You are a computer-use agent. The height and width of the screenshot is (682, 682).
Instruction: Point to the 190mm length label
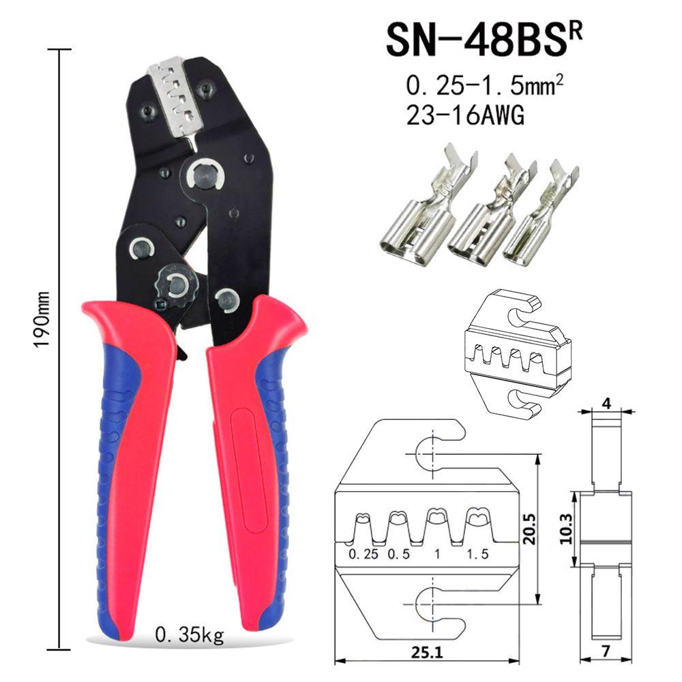tap(42, 319)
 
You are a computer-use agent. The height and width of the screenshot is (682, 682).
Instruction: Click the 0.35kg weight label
tap(190, 636)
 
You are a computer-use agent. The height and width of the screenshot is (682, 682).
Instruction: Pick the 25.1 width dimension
tap(427, 653)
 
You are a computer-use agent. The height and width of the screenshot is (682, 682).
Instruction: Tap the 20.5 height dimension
tap(529, 529)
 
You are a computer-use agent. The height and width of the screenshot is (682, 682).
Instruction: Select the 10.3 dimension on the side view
tap(566, 529)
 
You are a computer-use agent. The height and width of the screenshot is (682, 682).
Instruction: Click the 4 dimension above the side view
tap(606, 403)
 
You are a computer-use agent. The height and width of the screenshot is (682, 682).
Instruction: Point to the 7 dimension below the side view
tap(606, 651)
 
